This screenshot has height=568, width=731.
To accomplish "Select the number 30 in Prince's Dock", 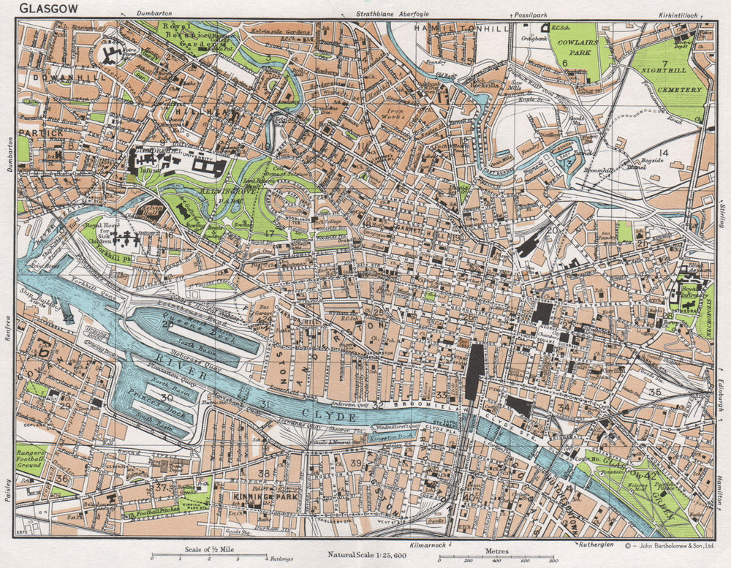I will point(167,397).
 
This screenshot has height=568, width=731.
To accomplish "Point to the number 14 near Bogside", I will point(663,152).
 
